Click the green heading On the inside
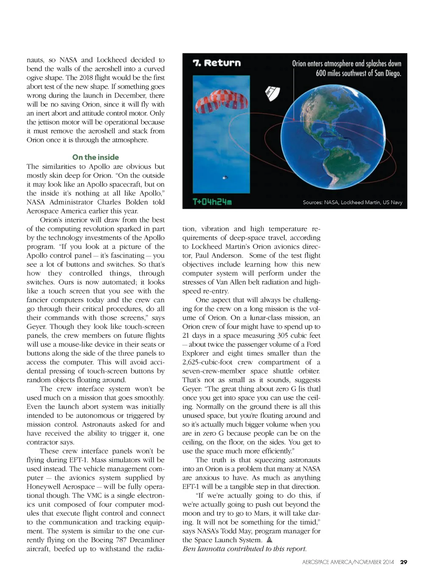pyautogui.click(x=95, y=157)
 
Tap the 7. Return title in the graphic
pyautogui.click(x=217, y=63)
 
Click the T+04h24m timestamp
pyautogui.click(x=212, y=202)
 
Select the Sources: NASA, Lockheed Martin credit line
pyautogui.click(x=352, y=202)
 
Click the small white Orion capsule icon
pyautogui.click(x=272, y=93)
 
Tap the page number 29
pyautogui.click(x=403, y=562)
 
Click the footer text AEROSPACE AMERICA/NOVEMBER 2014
pyautogui.click(x=348, y=562)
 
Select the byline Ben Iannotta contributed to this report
pyautogui.click(x=245, y=549)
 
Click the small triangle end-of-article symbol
pyautogui.click(x=269, y=540)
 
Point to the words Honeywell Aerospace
pyautogui.click(x=61, y=486)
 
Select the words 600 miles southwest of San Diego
pyautogui.click(x=358, y=73)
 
